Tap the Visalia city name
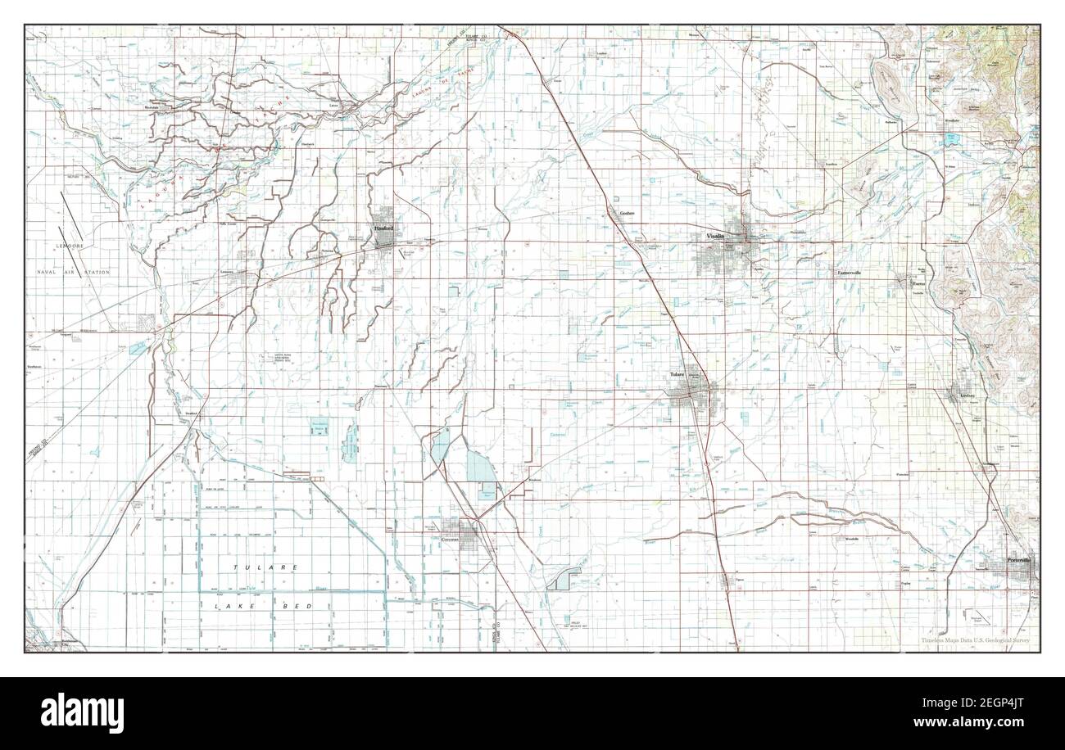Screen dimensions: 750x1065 coord(715,236)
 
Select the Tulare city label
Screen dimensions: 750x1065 coord(677,374)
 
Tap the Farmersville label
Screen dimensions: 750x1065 coord(852,273)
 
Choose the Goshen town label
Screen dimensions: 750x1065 coord(628,213)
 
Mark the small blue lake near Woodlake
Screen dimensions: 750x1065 coord(954,140)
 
